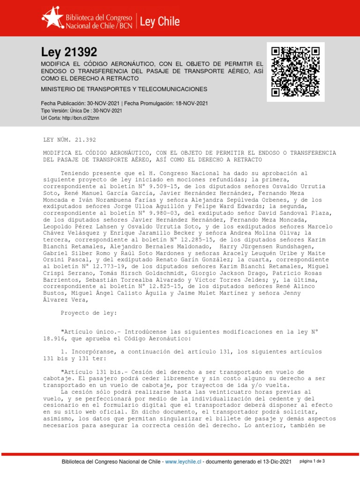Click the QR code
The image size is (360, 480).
pyautogui.click(x=296, y=72)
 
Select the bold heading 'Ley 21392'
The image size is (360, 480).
pyautogui.click(x=69, y=52)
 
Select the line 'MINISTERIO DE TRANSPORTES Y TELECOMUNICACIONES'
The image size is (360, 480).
pyautogui.click(x=124, y=89)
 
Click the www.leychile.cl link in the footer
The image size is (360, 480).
pyautogui.click(x=183, y=462)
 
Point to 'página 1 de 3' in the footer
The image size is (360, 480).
pyautogui.click(x=312, y=461)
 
